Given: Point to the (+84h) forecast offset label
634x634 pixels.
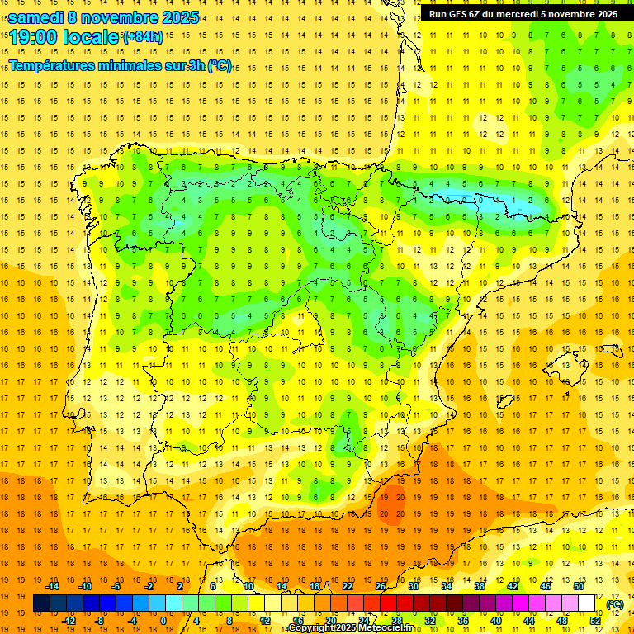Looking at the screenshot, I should [x=142, y=37].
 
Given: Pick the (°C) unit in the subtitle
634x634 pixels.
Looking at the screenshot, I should [x=220, y=66].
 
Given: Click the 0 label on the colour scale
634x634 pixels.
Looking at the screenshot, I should [x=163, y=621].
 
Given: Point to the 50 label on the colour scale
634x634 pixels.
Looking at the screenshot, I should [x=578, y=585].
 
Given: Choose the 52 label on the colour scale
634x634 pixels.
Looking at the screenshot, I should [x=595, y=621].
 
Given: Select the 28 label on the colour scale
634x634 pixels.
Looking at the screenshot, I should [x=396, y=621].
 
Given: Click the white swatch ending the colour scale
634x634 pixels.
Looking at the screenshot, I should [x=587, y=603].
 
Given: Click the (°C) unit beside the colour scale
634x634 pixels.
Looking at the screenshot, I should [x=615, y=604].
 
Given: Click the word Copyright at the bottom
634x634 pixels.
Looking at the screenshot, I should [x=312, y=628].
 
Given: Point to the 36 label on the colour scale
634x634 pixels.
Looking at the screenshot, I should [x=462, y=621].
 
